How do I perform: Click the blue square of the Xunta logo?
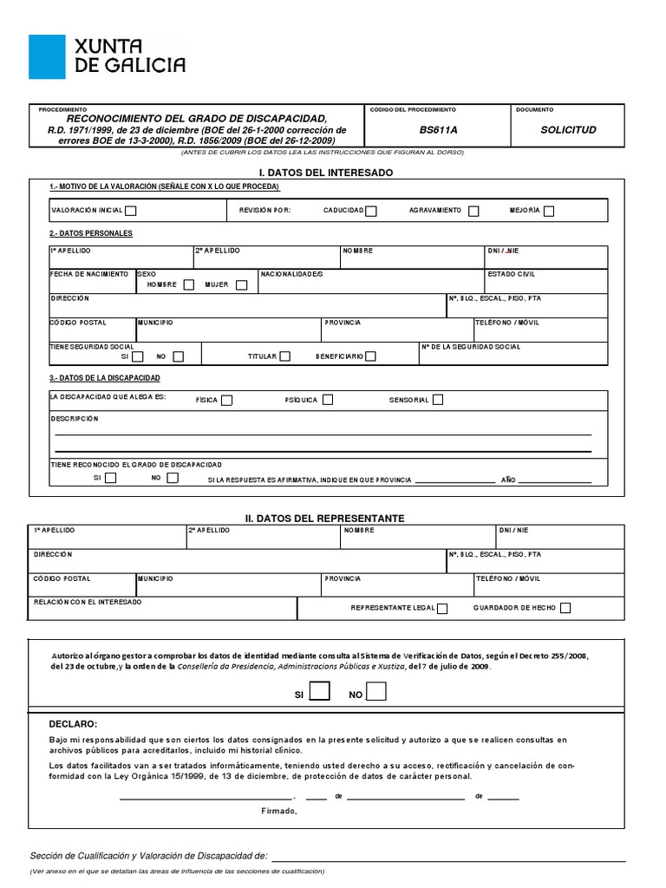tap(47, 57)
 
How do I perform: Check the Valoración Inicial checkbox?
tap(131, 210)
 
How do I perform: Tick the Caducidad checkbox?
tap(371, 210)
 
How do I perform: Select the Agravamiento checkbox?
tap(473, 210)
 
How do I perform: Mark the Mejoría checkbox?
tap(549, 210)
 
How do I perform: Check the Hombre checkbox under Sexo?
tap(186, 284)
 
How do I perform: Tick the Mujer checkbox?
tap(241, 284)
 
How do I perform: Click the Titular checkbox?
tap(285, 356)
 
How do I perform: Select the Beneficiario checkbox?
tap(370, 356)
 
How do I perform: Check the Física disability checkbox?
tap(226, 400)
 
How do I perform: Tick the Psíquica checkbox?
tap(326, 400)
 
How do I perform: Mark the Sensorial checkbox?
tap(438, 400)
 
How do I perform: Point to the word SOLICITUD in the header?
tap(568, 130)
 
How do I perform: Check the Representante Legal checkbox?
tap(442, 609)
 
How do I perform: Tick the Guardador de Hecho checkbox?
tap(565, 609)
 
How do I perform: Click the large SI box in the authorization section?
tap(320, 691)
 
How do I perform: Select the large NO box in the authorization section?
tap(376, 691)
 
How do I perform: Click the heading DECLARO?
tap(74, 724)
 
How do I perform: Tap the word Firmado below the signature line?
tap(278, 812)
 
